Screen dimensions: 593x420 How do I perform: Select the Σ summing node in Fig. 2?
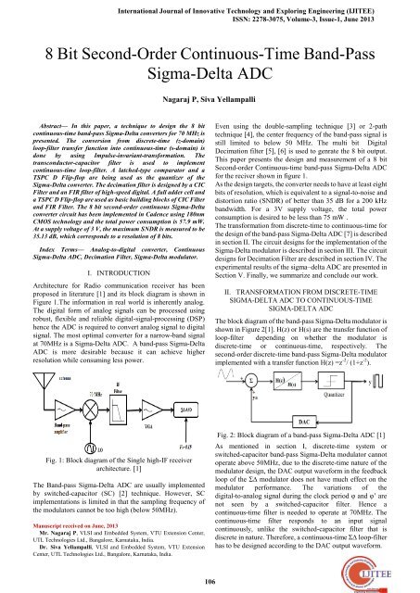(246, 357)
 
